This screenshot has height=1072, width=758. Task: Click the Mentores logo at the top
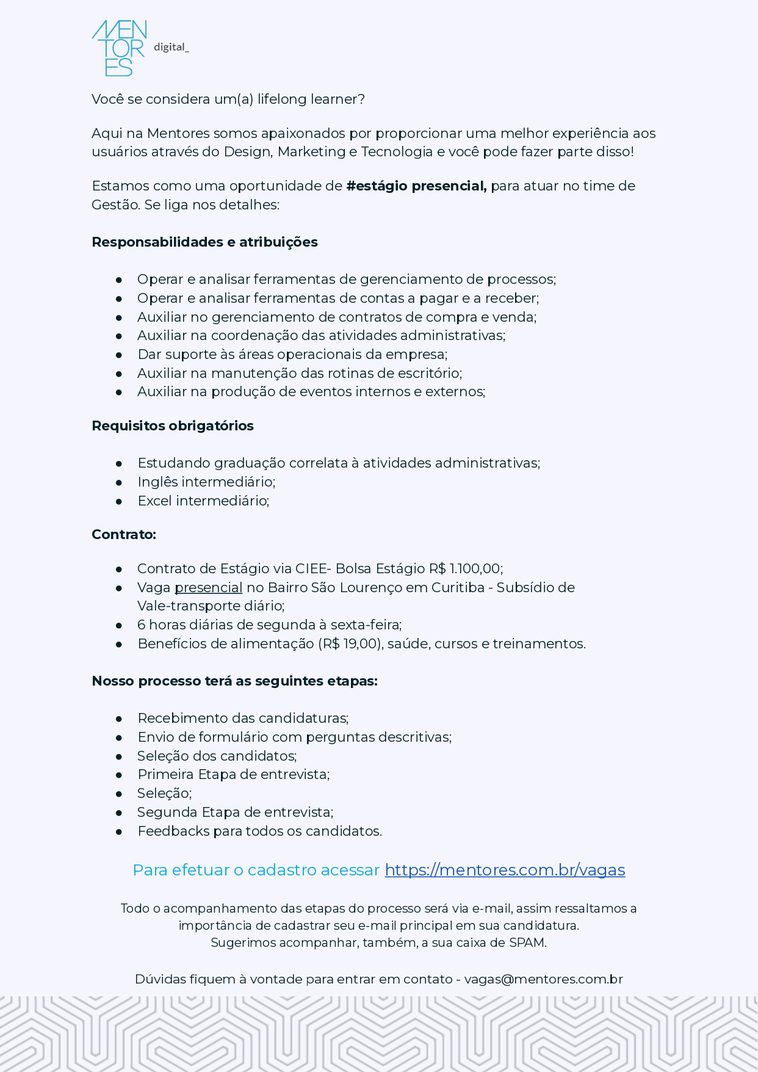[x=119, y=48]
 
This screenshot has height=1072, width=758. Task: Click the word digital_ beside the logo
[x=171, y=47]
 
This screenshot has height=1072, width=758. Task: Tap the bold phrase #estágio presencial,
[x=416, y=186]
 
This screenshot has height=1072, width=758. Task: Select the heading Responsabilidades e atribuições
[x=204, y=242]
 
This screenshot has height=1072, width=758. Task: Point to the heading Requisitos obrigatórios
[x=173, y=426]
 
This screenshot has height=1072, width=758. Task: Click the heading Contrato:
[x=124, y=535]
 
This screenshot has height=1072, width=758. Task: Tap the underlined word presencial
[x=209, y=588]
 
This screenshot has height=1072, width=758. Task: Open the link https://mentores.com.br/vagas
[x=505, y=870]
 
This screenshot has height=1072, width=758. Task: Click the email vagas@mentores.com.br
[x=543, y=979]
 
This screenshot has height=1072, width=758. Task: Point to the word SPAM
[x=527, y=943]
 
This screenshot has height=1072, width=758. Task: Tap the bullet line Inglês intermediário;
[x=206, y=482]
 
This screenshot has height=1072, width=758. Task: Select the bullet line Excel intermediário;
[x=203, y=501]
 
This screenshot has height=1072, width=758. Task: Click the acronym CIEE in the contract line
[x=311, y=569]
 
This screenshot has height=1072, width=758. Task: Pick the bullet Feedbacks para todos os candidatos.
[x=259, y=831]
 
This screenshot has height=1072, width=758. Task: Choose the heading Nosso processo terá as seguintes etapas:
[x=234, y=681]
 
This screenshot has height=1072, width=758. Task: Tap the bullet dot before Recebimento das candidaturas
[x=119, y=719]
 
